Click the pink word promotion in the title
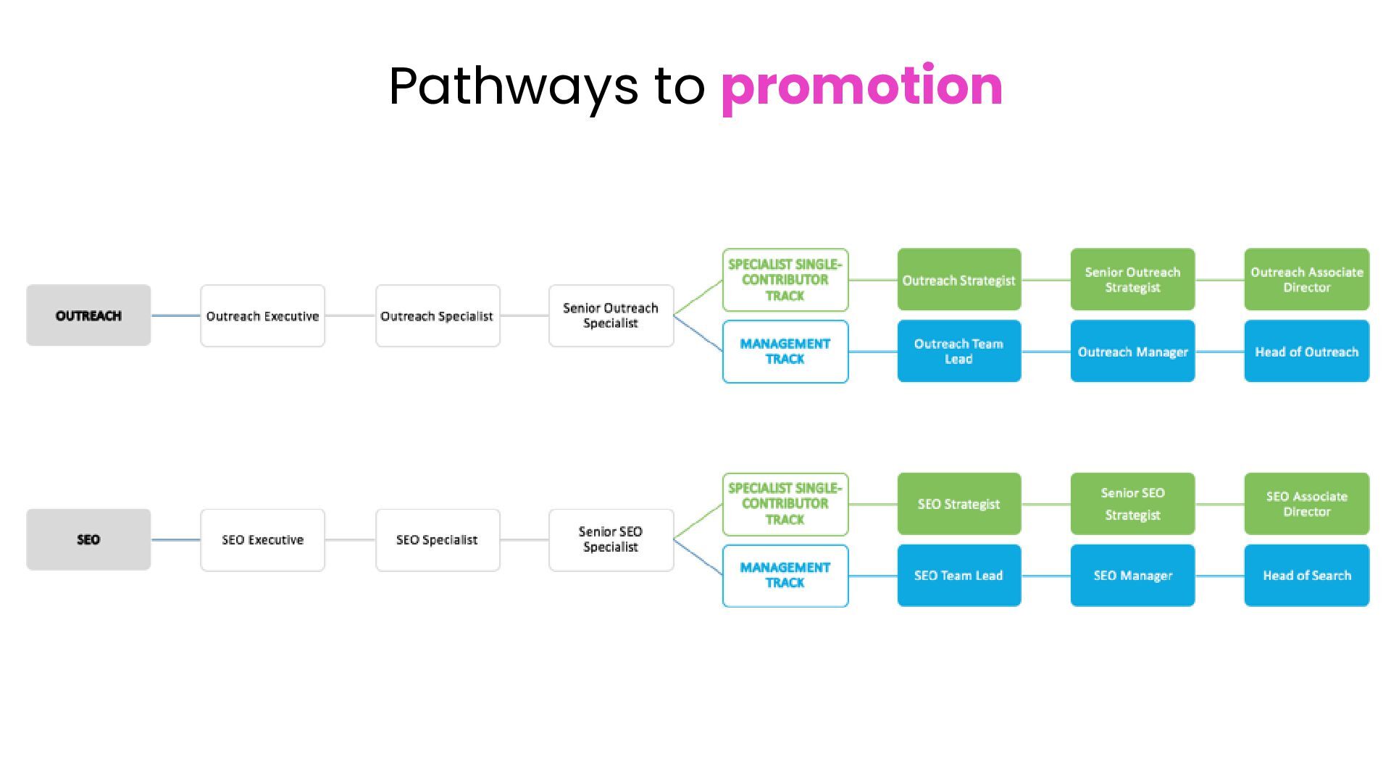click(861, 87)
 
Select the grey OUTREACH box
click(88, 315)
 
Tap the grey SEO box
click(88, 539)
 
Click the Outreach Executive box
click(262, 316)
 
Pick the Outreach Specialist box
click(438, 316)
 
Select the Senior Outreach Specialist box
click(611, 316)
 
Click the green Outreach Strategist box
click(959, 280)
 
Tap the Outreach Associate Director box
click(1307, 280)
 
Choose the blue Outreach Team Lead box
click(959, 351)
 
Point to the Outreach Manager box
click(1132, 351)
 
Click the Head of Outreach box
click(1307, 351)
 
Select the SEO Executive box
click(262, 540)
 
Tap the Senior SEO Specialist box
click(611, 540)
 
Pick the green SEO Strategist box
click(959, 504)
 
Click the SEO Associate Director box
click(1307, 504)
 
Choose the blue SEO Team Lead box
click(959, 576)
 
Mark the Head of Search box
click(1307, 576)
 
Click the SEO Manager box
click(1132, 576)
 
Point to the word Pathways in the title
click(514, 87)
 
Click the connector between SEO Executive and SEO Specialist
click(350, 540)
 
